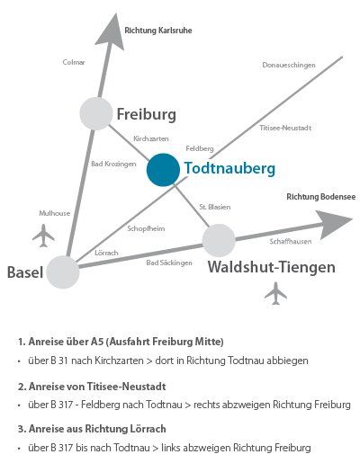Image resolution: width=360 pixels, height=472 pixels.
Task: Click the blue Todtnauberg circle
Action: click(x=163, y=170)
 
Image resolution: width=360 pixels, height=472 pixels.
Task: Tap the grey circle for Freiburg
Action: click(x=96, y=113)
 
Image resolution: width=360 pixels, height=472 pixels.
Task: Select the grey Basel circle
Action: click(x=63, y=272)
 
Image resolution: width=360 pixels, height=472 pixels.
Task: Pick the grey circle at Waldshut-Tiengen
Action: click(x=219, y=240)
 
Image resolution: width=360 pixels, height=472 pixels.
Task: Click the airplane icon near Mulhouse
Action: click(x=44, y=236)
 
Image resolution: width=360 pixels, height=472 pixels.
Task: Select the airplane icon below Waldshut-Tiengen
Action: click(x=275, y=293)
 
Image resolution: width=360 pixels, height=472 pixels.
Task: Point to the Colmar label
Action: click(x=74, y=62)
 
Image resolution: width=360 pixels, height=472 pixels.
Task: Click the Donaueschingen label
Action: click(x=289, y=65)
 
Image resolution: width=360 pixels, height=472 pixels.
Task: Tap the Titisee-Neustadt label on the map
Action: click(x=285, y=128)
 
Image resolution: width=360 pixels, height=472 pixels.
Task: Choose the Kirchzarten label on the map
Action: click(x=151, y=138)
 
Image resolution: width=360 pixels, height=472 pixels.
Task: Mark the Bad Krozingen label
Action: click(x=113, y=164)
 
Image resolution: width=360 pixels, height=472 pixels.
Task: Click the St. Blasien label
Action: click(x=215, y=207)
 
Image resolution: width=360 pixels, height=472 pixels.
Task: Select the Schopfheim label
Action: click(x=146, y=228)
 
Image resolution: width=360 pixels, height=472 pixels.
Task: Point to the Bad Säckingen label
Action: click(x=169, y=263)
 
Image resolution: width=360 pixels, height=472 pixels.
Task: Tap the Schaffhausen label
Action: click(x=291, y=242)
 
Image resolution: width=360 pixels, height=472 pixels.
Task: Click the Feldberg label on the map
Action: click(x=200, y=148)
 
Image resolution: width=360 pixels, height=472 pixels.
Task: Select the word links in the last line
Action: click(x=171, y=448)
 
